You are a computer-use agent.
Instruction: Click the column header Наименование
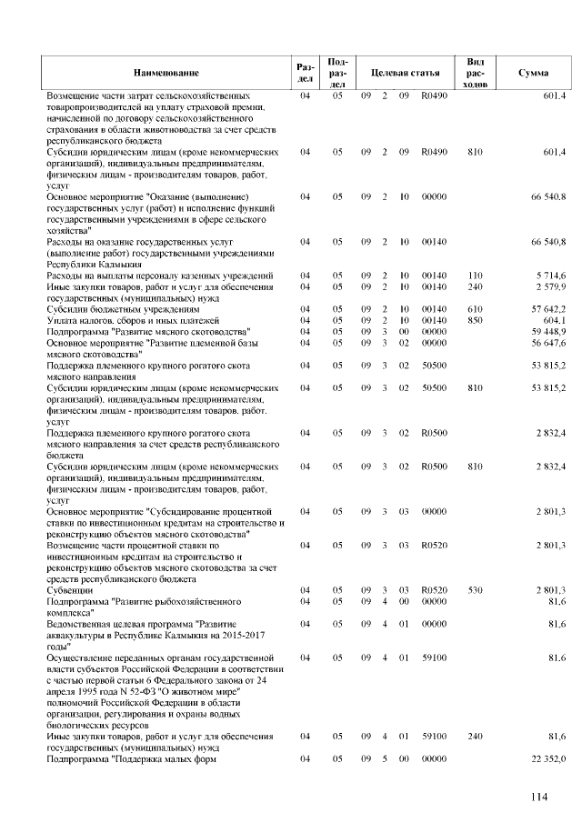point(166,72)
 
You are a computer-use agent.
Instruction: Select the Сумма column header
point(532,72)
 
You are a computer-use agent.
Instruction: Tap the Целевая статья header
point(404,72)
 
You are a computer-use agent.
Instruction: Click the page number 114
point(541,798)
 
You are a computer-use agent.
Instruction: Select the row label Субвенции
point(72,590)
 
